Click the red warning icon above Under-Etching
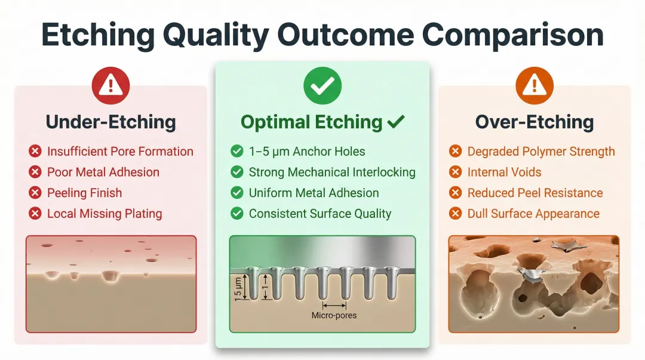coord(110,86)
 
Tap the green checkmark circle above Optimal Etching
coord(322,86)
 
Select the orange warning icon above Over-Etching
coord(535,86)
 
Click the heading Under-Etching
coord(110,122)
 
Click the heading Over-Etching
coord(535,122)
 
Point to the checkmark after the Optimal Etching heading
coord(396,122)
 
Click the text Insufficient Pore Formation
coord(120,152)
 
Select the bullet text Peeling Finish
coord(84,193)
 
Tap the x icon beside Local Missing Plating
coord(35,214)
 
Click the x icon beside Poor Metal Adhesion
coord(35,173)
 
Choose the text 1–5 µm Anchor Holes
coord(307,152)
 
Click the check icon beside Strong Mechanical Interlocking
coord(237,173)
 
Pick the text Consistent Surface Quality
coord(320,214)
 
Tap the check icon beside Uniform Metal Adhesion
coord(237,193)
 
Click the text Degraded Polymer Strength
coord(541,152)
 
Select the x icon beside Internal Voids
coord(456,173)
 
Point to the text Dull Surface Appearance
coord(533,214)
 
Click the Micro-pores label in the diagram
coord(334,315)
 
